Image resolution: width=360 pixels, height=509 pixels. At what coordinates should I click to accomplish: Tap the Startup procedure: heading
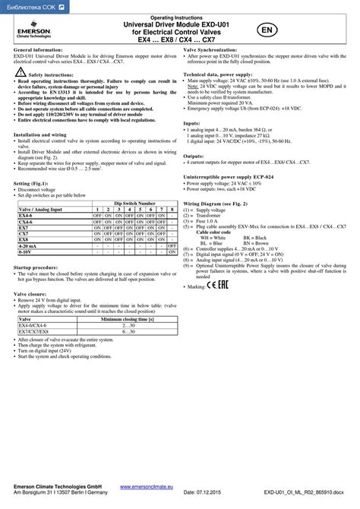click(41, 267)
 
